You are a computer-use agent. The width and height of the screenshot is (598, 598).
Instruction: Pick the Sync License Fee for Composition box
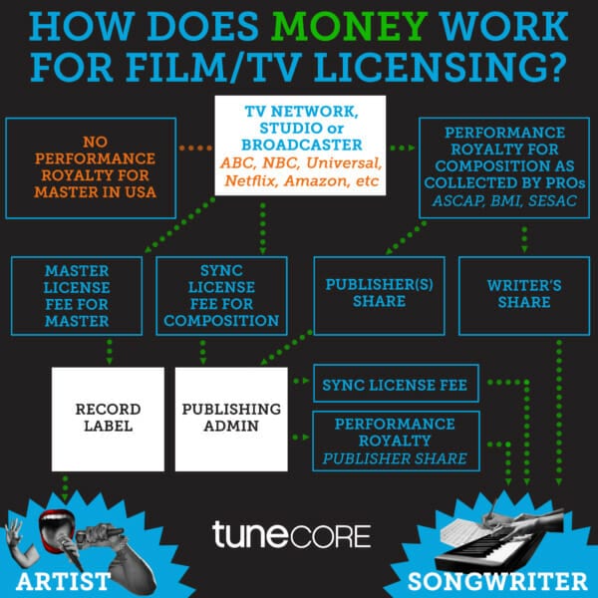click(x=221, y=296)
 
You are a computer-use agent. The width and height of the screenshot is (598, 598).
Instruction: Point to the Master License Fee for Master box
click(x=78, y=296)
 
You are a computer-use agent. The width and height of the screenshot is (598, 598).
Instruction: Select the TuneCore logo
click(x=291, y=534)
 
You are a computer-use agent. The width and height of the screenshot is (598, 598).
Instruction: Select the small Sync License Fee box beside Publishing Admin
click(x=396, y=382)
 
